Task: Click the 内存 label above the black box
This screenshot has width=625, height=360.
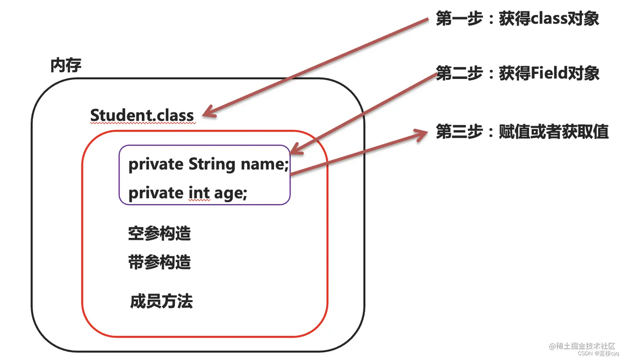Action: tap(66, 65)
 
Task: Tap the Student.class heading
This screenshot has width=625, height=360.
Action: tap(142, 115)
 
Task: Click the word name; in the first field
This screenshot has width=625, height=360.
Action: tap(265, 164)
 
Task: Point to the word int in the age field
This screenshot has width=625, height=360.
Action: tap(199, 193)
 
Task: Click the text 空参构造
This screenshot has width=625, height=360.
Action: tap(159, 234)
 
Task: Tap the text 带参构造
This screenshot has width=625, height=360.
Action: tap(159, 262)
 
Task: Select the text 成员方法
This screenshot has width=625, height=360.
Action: tap(161, 301)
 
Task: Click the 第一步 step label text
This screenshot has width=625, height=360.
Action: tap(459, 19)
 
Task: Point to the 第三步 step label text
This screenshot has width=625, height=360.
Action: tap(459, 132)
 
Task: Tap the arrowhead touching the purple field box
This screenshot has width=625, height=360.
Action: tap(295, 149)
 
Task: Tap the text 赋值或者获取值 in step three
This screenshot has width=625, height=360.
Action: tap(553, 132)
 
